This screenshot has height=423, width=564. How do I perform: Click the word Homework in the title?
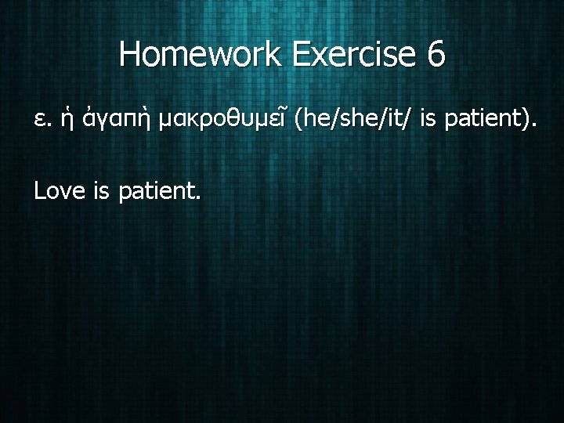click(204, 55)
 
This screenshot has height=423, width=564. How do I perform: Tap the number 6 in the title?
click(436, 55)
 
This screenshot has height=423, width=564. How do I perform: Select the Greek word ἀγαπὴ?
click(116, 121)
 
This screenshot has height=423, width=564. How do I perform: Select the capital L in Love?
click(39, 190)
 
